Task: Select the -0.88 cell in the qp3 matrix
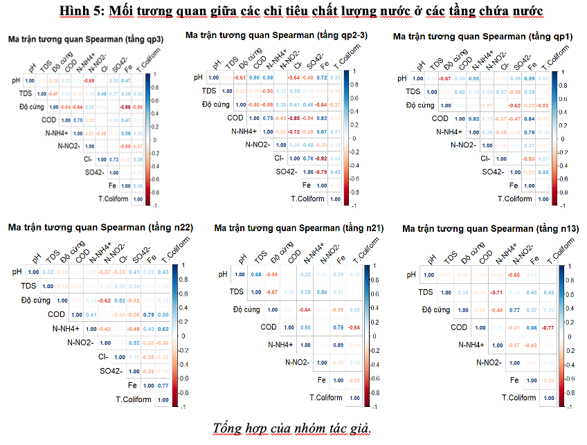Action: click(x=125, y=107)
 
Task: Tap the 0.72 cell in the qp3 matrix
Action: click(x=114, y=159)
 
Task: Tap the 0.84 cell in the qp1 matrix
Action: click(x=529, y=118)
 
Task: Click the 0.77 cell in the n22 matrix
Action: click(x=162, y=385)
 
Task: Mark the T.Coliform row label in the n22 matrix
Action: click(x=134, y=399)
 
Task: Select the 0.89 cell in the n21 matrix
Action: click(x=340, y=344)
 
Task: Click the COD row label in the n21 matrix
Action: click(x=269, y=327)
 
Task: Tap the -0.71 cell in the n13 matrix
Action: click(x=496, y=292)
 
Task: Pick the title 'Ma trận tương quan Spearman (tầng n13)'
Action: click(x=490, y=228)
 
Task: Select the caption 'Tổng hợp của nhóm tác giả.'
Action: click(x=292, y=427)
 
